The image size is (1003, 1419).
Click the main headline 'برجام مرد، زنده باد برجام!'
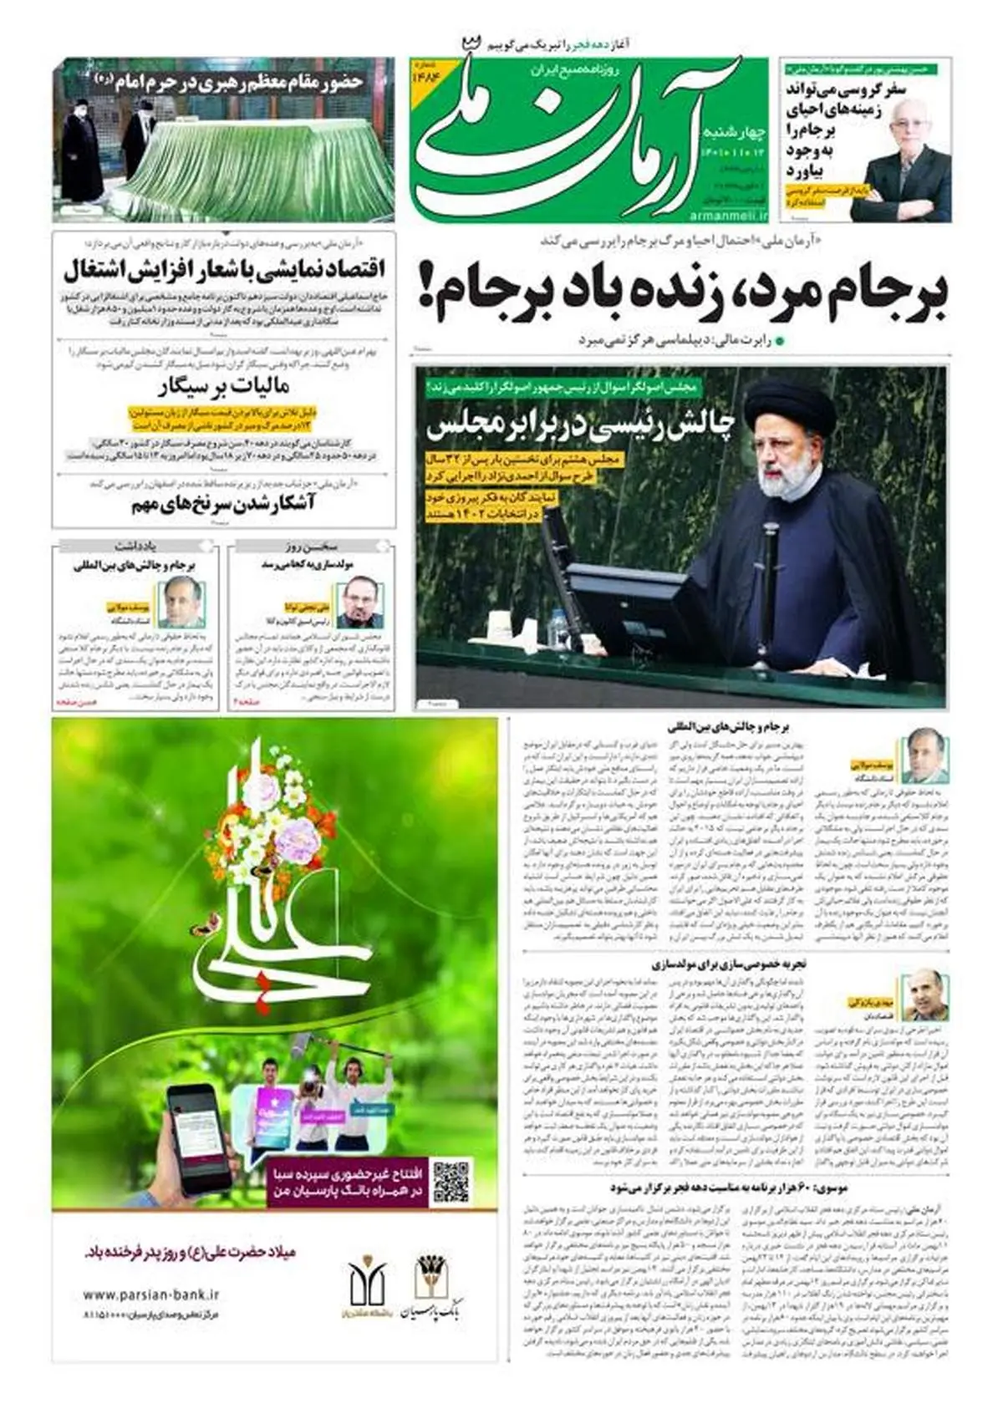pyautogui.click(x=681, y=294)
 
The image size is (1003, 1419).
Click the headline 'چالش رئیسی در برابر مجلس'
pyautogui.click(x=581, y=425)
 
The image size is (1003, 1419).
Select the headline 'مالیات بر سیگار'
pyautogui.click(x=223, y=387)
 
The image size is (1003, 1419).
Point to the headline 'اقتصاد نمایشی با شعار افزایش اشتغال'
pyautogui.click(x=224, y=272)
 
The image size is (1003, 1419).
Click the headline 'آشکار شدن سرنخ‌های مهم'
pyautogui.click(x=222, y=504)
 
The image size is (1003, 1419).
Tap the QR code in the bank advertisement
pyautogui.click(x=451, y=1180)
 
